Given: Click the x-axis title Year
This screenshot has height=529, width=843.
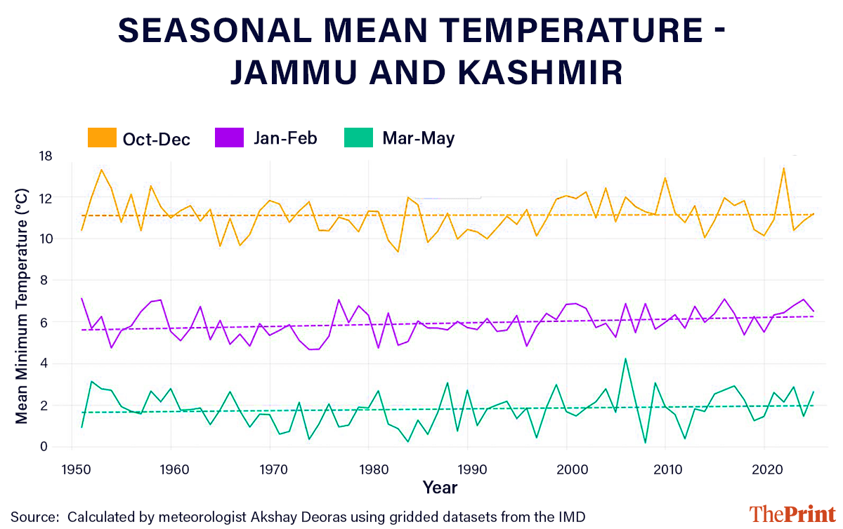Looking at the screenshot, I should pyautogui.click(x=440, y=487).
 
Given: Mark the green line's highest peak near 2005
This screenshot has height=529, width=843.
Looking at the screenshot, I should pyautogui.click(x=625, y=359).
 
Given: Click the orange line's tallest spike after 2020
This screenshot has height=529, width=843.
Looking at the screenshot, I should pyautogui.click(x=783, y=168).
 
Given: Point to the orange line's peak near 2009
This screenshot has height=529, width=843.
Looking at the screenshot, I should pyautogui.click(x=665, y=178).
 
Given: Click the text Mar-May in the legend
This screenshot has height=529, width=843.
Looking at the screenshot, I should pyautogui.click(x=419, y=138).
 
